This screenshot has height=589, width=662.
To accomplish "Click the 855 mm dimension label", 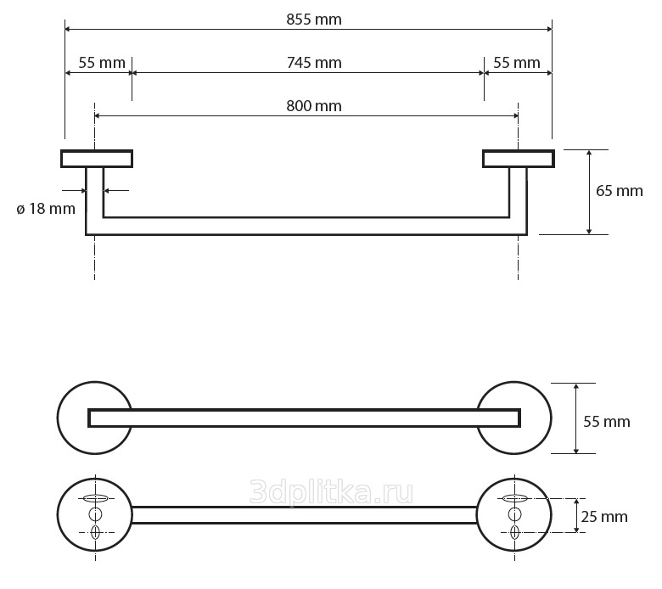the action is coord(314,20).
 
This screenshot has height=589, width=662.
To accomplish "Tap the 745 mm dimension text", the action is coord(314,63).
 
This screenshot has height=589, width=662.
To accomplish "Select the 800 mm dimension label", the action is coord(314,105).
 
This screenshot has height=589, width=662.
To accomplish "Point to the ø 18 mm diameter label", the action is coord(46,209).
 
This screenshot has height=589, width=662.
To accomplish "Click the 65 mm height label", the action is coord(619,191).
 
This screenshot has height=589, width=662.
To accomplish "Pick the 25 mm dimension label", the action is coord(604,516).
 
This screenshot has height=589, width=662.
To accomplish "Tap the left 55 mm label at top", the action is coord(102,63).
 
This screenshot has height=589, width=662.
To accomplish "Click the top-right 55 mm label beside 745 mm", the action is coord(517,63).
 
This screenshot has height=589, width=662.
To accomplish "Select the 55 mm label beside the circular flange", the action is coord(607,421).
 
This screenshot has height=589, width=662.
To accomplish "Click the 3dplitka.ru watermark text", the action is coord(331,492).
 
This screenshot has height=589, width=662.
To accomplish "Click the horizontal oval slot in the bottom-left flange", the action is coord(95,499).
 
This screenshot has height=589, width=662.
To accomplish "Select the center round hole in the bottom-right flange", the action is coord(514,514).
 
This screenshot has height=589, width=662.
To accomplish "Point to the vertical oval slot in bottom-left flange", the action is coord(95,532).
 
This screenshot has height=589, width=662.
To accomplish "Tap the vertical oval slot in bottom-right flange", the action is coord(514,532).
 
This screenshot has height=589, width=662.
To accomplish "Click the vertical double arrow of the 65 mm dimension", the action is coord(589,192).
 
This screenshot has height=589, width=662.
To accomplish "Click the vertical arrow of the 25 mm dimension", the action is coord(576,515).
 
